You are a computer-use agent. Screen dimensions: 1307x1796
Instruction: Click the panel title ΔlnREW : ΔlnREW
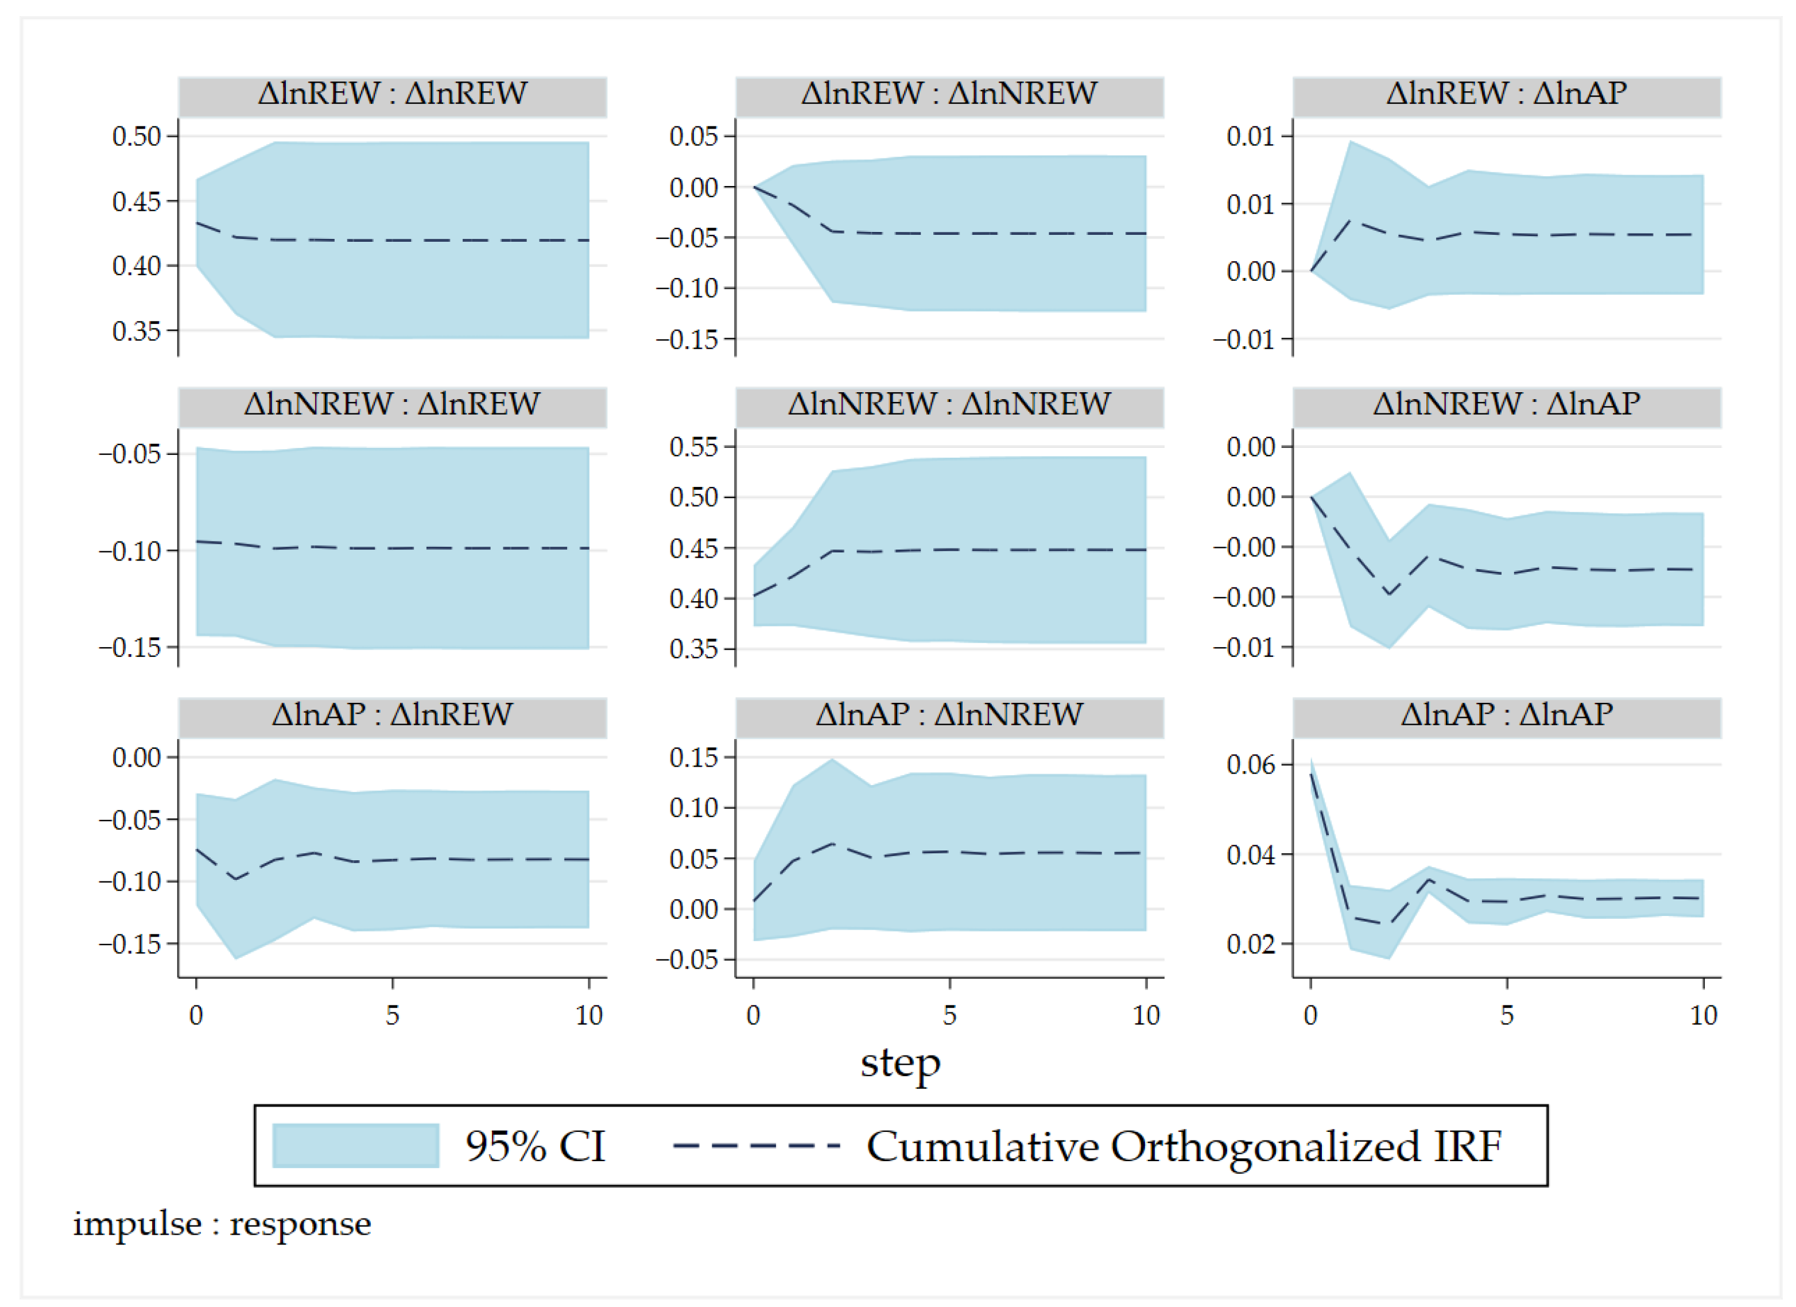click(x=392, y=94)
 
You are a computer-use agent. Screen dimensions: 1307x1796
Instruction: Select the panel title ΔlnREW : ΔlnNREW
click(x=949, y=94)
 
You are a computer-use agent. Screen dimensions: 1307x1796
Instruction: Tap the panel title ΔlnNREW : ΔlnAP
click(x=1506, y=404)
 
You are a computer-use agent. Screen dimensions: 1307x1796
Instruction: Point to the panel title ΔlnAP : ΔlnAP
click(x=1506, y=714)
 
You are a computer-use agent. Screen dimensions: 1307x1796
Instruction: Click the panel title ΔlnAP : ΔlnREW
click(x=392, y=714)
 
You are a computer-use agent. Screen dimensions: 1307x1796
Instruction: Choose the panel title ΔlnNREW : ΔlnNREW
click(x=949, y=404)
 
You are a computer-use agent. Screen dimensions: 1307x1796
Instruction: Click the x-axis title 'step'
click(x=901, y=1063)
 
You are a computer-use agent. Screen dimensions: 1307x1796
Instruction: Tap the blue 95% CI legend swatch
click(x=355, y=1146)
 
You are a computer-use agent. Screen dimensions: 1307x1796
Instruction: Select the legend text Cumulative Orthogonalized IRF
click(x=1184, y=1146)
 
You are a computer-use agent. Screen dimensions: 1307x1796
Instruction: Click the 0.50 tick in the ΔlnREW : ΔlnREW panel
click(x=136, y=136)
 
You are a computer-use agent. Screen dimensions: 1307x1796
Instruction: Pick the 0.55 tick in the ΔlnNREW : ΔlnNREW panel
click(x=694, y=447)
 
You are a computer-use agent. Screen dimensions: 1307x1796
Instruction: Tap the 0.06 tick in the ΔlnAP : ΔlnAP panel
click(x=1251, y=764)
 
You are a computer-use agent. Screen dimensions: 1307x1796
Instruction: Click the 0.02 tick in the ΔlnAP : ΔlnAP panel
click(x=1251, y=944)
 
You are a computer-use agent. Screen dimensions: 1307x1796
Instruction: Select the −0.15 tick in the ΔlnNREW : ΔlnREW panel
click(x=130, y=648)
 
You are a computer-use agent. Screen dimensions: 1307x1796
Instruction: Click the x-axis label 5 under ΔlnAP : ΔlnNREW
click(x=949, y=1015)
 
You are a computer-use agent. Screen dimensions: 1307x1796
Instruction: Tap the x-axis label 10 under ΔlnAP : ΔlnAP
click(x=1704, y=1015)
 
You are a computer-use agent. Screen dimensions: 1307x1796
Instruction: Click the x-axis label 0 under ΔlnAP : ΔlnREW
click(x=196, y=1015)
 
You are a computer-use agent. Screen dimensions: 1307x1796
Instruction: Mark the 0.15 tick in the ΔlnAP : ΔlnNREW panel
click(x=694, y=757)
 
